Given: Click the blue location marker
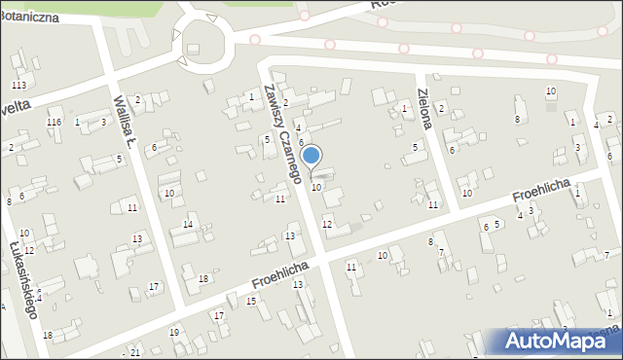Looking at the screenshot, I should click(311, 155).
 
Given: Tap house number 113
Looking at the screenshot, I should click(18, 87).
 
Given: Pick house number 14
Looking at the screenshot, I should click(187, 225).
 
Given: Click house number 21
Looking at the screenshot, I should click(134, 351).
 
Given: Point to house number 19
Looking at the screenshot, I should click(174, 333).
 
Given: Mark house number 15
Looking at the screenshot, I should click(251, 302).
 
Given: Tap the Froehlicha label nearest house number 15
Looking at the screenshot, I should click(279, 274).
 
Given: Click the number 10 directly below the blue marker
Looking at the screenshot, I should click(316, 187).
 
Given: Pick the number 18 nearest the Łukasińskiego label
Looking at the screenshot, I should click(48, 335).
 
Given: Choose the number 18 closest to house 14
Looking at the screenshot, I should click(202, 279).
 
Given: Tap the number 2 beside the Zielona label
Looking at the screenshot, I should click(441, 108).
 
